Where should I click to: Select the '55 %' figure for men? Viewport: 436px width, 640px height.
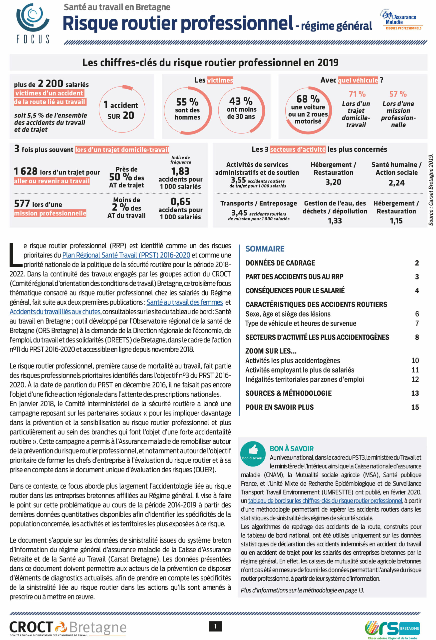(187, 102)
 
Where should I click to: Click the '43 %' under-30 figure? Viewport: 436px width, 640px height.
(241, 101)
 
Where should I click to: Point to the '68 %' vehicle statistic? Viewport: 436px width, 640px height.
(308, 98)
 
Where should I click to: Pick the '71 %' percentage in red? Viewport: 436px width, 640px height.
(357, 94)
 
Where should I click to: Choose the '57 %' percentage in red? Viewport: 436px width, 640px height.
(398, 94)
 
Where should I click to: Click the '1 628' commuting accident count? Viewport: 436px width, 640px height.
(25, 171)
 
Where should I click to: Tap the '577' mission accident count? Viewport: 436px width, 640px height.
(22, 203)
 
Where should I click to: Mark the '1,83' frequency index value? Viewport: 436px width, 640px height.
(180, 171)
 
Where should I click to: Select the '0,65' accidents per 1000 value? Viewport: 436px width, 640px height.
(180, 201)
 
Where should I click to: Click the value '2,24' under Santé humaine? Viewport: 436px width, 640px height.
(396, 182)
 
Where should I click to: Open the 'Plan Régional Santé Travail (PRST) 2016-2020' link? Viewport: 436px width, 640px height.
(126, 255)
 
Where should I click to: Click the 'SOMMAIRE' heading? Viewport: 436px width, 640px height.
(265, 249)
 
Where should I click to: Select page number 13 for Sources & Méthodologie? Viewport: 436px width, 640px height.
(415, 393)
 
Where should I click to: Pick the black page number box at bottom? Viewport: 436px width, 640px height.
(215, 626)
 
